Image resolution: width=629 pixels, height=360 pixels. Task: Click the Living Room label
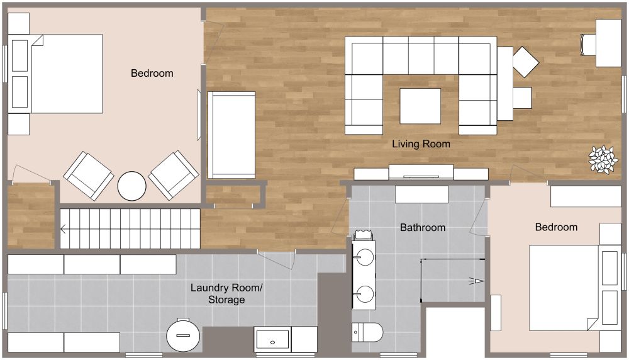[421, 144]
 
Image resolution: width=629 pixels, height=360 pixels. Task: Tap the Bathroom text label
[423, 227]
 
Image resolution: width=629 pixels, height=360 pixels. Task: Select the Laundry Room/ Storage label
[226, 294]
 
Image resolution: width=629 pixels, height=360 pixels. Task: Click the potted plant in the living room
[603, 159]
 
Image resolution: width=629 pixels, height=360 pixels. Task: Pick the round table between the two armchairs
[132, 186]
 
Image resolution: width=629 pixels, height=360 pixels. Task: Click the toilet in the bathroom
[367, 332]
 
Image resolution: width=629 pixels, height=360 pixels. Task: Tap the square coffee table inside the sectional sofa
[420, 106]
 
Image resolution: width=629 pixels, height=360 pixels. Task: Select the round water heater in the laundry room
[183, 335]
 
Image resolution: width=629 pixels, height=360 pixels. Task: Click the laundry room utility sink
[272, 339]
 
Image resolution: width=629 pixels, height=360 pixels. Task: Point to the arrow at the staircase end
[64, 229]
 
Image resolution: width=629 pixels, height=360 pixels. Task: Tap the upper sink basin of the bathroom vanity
[364, 257]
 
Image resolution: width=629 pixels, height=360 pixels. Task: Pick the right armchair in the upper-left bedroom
[174, 174]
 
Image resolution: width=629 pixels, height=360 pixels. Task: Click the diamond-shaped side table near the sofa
[526, 62]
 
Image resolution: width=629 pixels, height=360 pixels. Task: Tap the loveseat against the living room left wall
[232, 134]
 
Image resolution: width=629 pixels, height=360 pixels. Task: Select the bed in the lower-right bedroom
[562, 287]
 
